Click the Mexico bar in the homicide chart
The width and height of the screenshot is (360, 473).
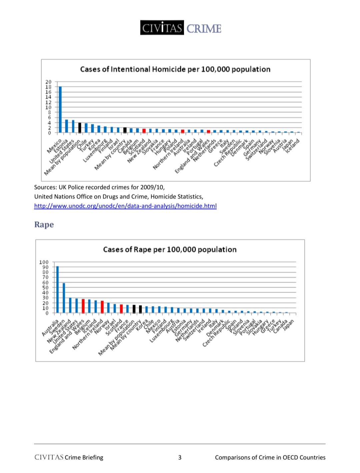point(60,110)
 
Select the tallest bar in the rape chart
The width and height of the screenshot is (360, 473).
point(57,289)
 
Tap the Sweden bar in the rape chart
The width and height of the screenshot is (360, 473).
point(64,298)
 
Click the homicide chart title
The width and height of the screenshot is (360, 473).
point(175,69)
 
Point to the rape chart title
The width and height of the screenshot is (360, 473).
point(170,249)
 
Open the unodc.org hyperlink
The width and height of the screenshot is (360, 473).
point(125,206)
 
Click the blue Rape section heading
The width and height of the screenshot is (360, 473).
point(44,225)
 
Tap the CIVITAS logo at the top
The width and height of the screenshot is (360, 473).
point(162,28)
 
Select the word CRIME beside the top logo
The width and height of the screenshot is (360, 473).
point(204,29)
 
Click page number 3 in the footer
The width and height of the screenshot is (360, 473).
point(180,457)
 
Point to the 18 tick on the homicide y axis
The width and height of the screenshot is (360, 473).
point(49,87)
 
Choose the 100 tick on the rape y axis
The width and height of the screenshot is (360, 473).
point(44,262)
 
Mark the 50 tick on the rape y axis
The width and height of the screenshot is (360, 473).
point(45,287)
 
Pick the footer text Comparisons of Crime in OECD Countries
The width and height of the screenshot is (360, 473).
point(270,457)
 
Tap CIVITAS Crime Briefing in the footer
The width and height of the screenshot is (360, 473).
point(69,457)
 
